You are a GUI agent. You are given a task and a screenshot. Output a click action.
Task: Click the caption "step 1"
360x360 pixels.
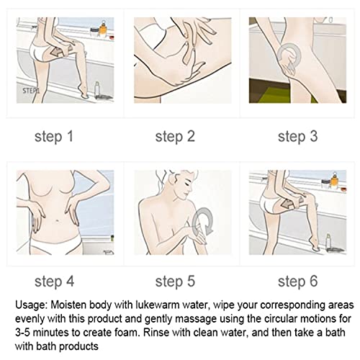click(x=54, y=137)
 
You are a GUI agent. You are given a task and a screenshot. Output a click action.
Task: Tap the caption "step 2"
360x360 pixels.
click(x=175, y=137)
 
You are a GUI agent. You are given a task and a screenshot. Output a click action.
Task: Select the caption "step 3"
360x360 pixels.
click(x=297, y=137)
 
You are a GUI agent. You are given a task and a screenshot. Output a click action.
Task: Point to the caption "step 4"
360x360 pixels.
click(x=54, y=282)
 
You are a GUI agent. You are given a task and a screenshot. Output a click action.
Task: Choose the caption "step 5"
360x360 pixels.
click(x=175, y=282)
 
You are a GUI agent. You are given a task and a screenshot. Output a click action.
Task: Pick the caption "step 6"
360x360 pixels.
click(x=297, y=282)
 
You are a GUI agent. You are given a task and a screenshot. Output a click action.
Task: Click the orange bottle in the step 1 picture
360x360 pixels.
click(x=103, y=30)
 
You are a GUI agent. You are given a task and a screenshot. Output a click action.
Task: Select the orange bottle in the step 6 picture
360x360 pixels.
click(x=334, y=181)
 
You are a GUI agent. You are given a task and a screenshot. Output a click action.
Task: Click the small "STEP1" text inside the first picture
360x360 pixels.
click(x=31, y=91)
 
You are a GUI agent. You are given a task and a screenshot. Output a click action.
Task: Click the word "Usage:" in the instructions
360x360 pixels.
click(x=31, y=305)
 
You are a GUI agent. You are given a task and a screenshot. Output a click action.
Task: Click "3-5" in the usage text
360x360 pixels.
click(x=22, y=333)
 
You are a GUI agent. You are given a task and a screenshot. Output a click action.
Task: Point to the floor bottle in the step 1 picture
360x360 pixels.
click(x=96, y=89)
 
